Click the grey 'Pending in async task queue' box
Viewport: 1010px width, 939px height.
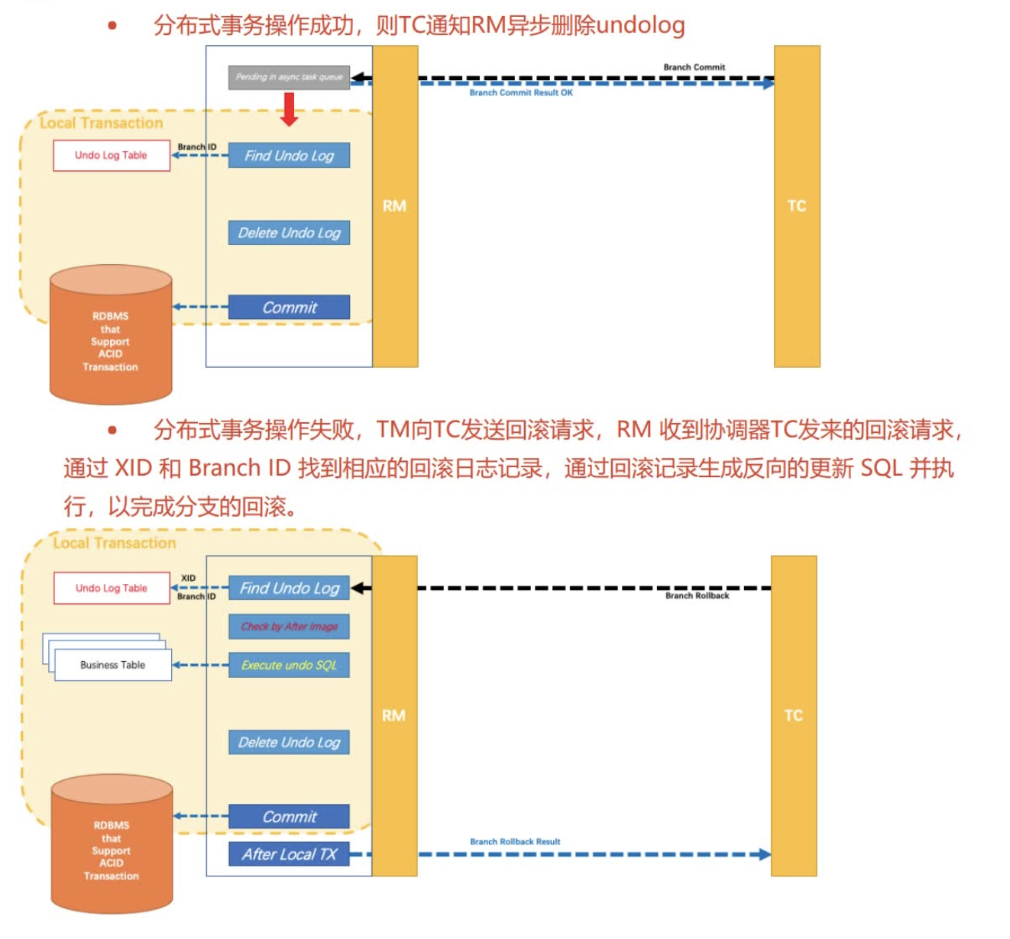pyautogui.click(x=289, y=77)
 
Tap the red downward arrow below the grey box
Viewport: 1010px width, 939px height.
pyautogui.click(x=289, y=108)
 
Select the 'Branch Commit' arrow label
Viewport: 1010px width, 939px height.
pyautogui.click(x=694, y=67)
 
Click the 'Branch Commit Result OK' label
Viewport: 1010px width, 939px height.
pyautogui.click(x=520, y=93)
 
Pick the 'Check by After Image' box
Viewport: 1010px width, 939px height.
pyautogui.click(x=289, y=627)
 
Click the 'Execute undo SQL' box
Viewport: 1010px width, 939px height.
pyautogui.click(x=289, y=665)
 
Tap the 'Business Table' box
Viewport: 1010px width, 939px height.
pyautogui.click(x=113, y=665)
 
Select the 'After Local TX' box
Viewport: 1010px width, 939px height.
pyautogui.click(x=289, y=854)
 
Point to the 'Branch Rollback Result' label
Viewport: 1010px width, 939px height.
pyautogui.click(x=514, y=842)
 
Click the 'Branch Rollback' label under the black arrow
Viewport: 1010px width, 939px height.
pyautogui.click(x=697, y=596)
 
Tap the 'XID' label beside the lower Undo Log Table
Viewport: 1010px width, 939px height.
pyautogui.click(x=188, y=578)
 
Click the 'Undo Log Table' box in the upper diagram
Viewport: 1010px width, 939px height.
pyautogui.click(x=112, y=156)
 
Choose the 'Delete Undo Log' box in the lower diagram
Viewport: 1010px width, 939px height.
pyautogui.click(x=289, y=742)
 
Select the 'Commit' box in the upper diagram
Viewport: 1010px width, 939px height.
pyautogui.click(x=289, y=308)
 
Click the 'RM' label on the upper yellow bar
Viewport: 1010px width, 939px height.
pyautogui.click(x=394, y=206)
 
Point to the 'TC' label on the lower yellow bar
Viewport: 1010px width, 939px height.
pyautogui.click(x=793, y=715)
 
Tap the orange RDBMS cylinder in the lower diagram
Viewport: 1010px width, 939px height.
pyautogui.click(x=112, y=847)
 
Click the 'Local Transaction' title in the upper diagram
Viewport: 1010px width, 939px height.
pyautogui.click(x=101, y=123)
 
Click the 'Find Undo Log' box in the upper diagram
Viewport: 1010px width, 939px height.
pyautogui.click(x=289, y=156)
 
